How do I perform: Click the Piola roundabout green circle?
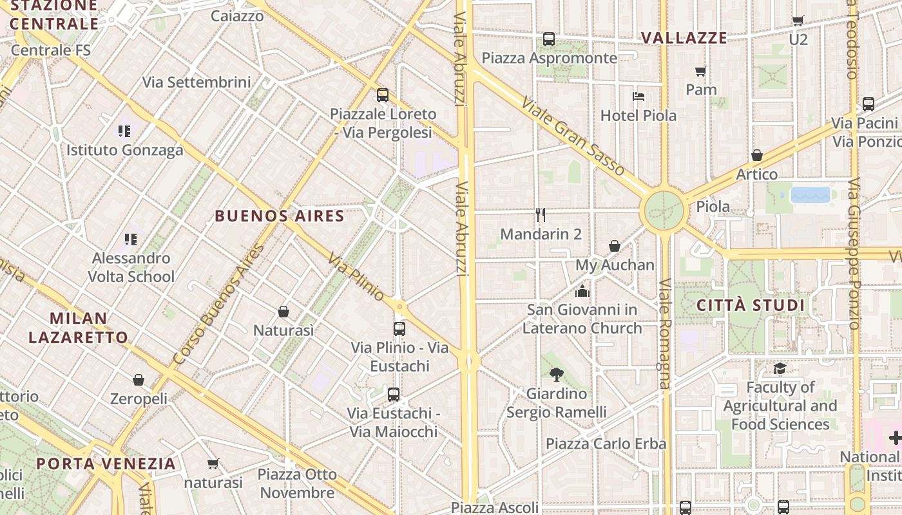click(664, 209)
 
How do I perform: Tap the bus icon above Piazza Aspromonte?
click(549, 39)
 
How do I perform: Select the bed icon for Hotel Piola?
click(638, 97)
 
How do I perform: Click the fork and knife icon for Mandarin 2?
click(541, 215)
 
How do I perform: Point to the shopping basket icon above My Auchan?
click(615, 246)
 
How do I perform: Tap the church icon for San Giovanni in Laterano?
click(582, 291)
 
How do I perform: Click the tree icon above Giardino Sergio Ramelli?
click(557, 374)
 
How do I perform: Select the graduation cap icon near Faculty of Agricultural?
click(780, 368)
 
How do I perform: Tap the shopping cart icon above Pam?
click(701, 71)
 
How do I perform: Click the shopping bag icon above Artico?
click(757, 155)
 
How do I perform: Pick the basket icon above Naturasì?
click(283, 312)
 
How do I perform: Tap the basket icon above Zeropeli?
click(139, 380)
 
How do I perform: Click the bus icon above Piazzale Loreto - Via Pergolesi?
click(383, 95)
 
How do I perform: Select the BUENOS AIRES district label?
click(280, 216)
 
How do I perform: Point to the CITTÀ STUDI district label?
click(751, 305)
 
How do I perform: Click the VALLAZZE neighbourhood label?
click(684, 38)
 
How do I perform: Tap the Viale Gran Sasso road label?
click(573, 136)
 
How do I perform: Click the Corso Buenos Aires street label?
click(219, 305)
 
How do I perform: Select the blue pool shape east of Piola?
click(811, 194)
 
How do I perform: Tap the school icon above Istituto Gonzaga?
click(124, 131)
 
